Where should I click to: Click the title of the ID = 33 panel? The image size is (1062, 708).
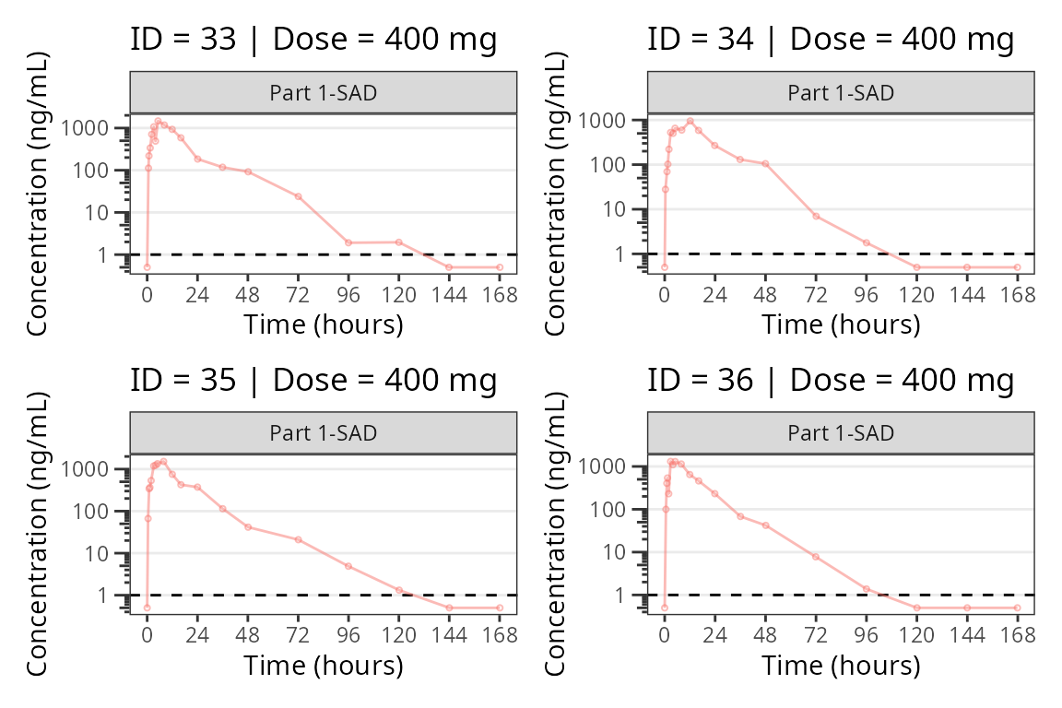(313, 40)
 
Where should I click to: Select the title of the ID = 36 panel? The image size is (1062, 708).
(831, 380)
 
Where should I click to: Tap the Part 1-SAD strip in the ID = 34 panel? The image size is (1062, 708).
(841, 92)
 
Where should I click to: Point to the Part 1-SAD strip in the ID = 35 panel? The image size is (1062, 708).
(323, 433)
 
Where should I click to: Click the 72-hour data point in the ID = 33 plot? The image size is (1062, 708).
(298, 196)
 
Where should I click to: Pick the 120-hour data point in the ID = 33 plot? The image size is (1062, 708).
(398, 242)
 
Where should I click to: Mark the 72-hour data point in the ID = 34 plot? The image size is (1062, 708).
(816, 216)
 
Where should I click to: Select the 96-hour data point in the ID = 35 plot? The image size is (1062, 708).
(348, 566)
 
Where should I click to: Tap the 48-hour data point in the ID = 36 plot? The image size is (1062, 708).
(765, 525)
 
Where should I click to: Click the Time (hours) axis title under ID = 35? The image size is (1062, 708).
(323, 665)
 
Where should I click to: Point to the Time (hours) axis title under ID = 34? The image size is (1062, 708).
(841, 324)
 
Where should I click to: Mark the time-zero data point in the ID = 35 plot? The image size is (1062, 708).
(147, 608)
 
